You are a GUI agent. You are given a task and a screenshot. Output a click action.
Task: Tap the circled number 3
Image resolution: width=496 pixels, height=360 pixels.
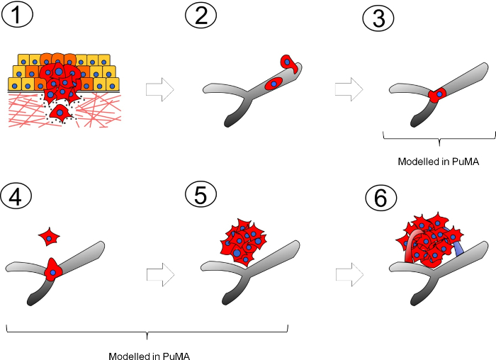click(379, 18)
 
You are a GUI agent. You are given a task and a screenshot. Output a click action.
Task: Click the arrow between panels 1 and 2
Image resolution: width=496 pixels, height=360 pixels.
click(155, 89)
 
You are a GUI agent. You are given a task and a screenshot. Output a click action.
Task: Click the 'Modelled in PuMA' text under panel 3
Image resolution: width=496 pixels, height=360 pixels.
click(439, 162)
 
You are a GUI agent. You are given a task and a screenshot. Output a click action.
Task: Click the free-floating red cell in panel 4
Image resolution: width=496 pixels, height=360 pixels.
click(49, 237)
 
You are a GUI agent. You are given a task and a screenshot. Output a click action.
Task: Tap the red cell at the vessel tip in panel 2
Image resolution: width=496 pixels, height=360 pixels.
click(289, 63)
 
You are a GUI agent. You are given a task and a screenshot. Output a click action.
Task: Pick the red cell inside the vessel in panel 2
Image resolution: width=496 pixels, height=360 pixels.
click(274, 84)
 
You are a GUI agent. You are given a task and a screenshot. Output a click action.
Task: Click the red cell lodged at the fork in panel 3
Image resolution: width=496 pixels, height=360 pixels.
click(439, 94)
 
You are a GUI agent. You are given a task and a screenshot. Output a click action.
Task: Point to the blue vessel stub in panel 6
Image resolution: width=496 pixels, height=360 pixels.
click(459, 249)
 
